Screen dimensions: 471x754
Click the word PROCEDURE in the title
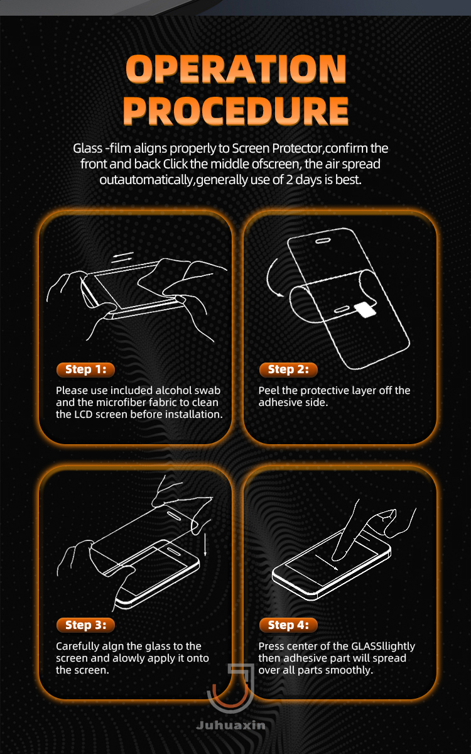[x=236, y=111]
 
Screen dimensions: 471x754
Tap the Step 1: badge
[x=85, y=369]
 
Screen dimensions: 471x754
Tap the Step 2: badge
[x=288, y=369]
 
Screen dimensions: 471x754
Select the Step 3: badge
[x=85, y=625]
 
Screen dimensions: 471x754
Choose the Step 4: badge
[x=288, y=625]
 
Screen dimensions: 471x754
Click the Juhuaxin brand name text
[x=230, y=725]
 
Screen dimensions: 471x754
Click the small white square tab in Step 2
[x=365, y=309]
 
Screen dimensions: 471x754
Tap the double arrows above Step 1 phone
[x=123, y=258]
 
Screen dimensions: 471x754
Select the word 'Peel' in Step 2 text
[x=269, y=390]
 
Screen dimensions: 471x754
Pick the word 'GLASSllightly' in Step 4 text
[x=383, y=647]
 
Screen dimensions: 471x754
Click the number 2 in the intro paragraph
[x=290, y=180]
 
